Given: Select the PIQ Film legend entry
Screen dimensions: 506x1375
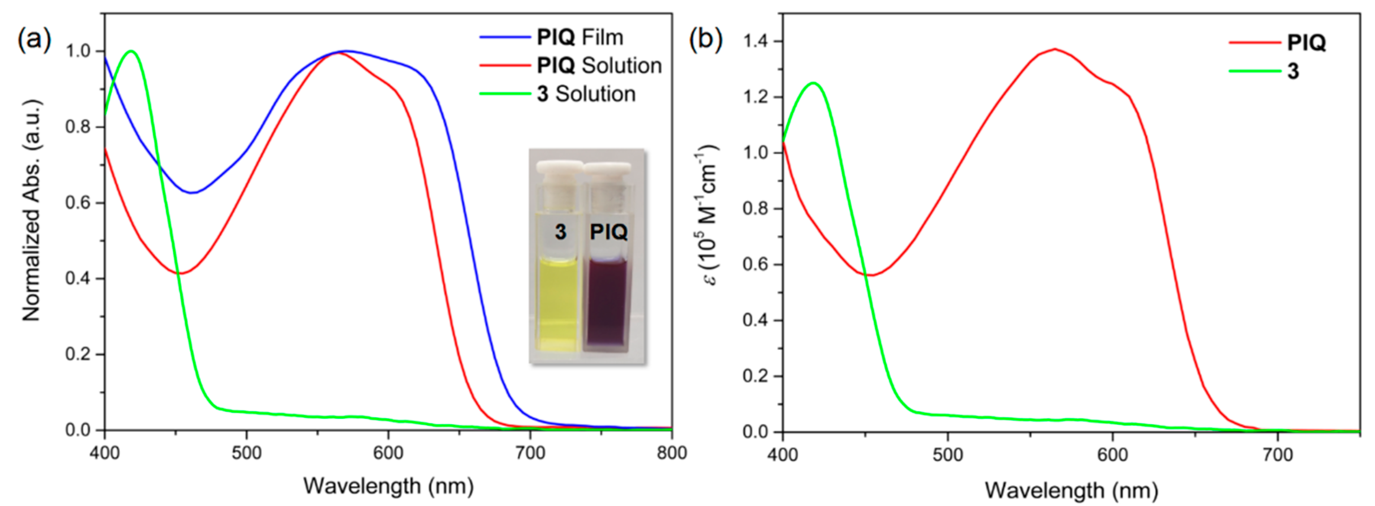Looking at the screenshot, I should (580, 37).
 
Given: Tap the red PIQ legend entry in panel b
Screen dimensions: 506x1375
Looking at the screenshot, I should (1306, 43).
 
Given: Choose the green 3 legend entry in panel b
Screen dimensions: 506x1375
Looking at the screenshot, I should (1293, 71).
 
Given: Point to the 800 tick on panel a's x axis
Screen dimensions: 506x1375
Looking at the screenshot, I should (671, 453).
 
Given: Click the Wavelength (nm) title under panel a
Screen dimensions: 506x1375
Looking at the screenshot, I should (388, 486).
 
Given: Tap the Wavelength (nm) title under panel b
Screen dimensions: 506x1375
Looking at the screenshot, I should (1071, 490).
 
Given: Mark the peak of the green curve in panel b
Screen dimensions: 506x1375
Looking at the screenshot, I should (813, 83).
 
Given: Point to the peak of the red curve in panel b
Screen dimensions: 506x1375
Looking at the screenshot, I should (1055, 49).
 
